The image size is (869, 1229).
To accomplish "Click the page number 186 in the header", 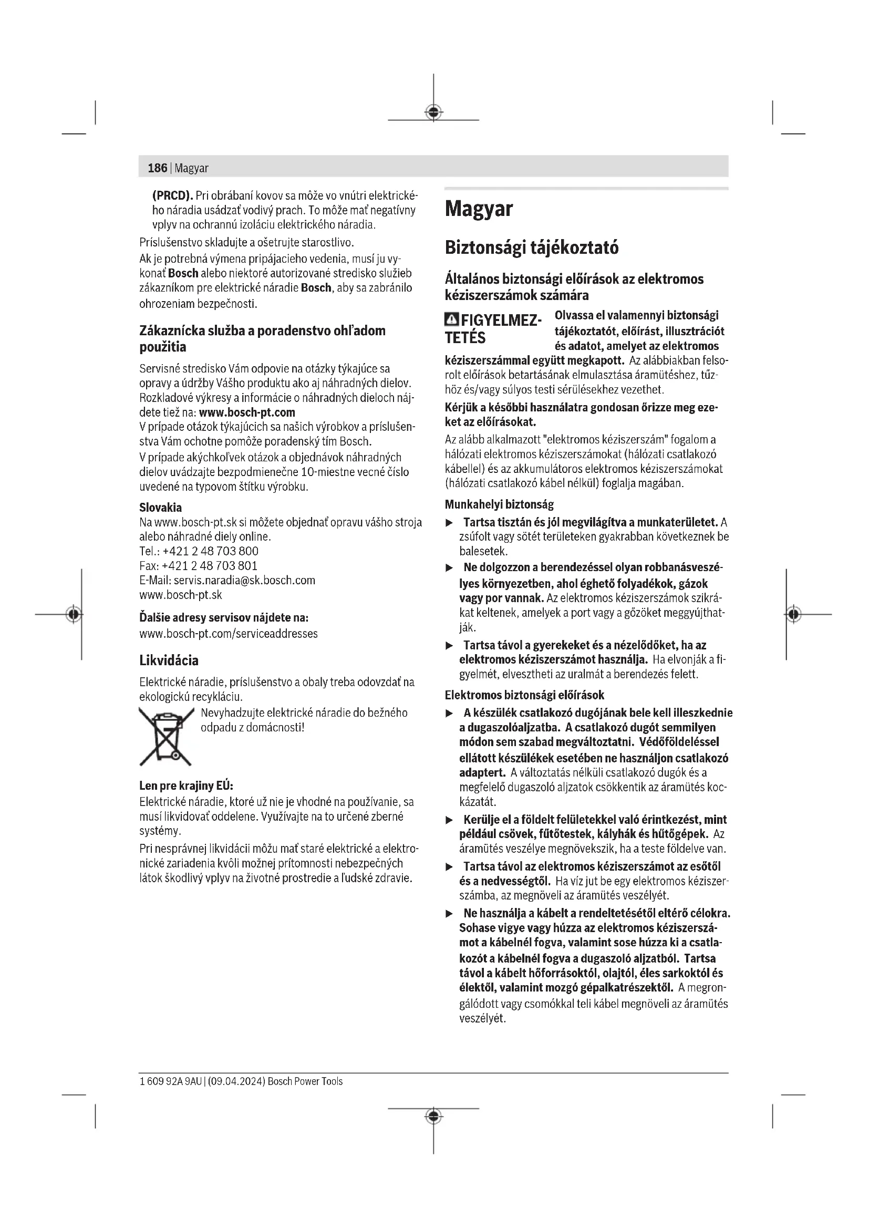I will pos(157,168).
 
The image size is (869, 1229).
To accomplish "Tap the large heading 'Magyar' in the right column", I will pos(479,209).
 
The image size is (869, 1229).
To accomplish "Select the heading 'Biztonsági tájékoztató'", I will pos(531,248).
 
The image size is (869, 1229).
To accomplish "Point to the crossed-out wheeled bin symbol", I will pos(166,737).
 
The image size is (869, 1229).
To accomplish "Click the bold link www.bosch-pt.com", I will pos(247,412).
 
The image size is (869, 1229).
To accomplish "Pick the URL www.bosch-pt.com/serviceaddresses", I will pos(229,634).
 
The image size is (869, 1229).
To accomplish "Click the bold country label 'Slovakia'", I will pos(161,508).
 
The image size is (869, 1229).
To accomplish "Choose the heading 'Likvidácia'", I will pos(169,660).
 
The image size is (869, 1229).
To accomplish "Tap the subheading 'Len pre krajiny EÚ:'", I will pos(186,786).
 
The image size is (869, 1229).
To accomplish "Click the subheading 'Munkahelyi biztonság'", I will pos(499,504).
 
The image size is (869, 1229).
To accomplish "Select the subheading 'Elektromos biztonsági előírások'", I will pos(524,695).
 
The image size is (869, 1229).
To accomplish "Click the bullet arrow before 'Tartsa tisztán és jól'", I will pos(450,522).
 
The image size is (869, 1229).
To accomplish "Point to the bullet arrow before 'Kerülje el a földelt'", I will pos(450,820).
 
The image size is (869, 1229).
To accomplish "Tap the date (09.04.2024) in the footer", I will pos(235,1081).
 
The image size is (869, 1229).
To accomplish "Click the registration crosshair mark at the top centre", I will pos(433,112).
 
